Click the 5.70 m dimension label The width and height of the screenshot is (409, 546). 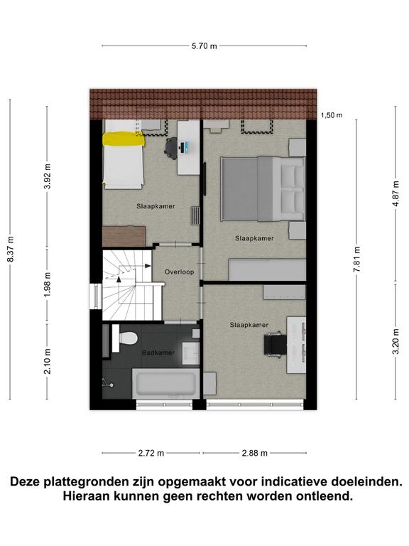[x=204, y=46]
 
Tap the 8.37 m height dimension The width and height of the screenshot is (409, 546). [x=11, y=249]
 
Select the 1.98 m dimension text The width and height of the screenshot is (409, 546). [x=48, y=284]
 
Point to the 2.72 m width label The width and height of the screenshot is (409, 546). [x=151, y=453]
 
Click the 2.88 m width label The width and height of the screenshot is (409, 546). [x=255, y=453]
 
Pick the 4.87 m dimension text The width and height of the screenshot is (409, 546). [x=396, y=193]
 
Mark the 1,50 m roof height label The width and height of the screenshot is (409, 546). [x=332, y=115]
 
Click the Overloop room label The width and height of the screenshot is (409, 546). [x=179, y=272]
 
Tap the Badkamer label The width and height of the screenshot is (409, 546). [x=158, y=353]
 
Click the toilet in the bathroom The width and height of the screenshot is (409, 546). [x=124, y=338]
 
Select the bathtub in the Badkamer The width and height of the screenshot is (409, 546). [x=165, y=384]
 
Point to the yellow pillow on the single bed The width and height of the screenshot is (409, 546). [x=124, y=139]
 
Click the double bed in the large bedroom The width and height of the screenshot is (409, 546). [x=263, y=188]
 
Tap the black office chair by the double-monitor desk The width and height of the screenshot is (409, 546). [x=275, y=343]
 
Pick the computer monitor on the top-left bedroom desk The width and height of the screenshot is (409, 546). [x=183, y=148]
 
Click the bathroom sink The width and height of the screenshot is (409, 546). [x=190, y=353]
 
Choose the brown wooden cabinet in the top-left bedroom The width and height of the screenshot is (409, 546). [x=124, y=237]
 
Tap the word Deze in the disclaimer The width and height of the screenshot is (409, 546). [x=26, y=482]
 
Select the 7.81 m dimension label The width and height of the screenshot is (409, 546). [x=357, y=259]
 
